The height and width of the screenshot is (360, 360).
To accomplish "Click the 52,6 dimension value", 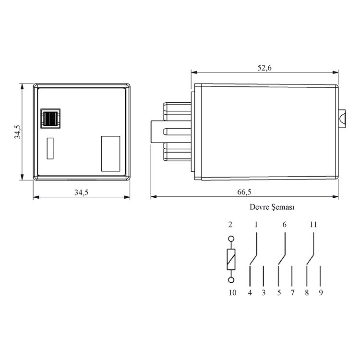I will [x=264, y=68].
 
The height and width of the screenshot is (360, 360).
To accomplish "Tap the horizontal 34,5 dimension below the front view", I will [x=81, y=192].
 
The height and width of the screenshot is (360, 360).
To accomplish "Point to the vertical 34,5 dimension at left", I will [x=17, y=132].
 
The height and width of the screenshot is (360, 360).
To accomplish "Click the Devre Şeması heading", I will [x=271, y=208].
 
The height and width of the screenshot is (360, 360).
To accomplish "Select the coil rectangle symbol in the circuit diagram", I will [x=231, y=260].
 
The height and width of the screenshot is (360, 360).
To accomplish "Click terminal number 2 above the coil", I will [x=230, y=225].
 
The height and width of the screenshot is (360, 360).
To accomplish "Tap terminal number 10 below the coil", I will [x=232, y=292].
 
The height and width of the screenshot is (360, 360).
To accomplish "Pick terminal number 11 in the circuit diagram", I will [x=313, y=225].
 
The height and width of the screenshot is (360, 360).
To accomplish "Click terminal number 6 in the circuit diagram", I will [x=285, y=225].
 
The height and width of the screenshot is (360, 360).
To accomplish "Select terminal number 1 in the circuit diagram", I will [x=256, y=225].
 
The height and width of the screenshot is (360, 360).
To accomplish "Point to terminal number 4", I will [x=250, y=292].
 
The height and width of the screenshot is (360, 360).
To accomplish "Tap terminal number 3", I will [x=263, y=292].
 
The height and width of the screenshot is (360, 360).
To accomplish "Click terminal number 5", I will [x=279, y=292].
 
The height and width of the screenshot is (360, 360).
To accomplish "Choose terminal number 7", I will [x=292, y=292].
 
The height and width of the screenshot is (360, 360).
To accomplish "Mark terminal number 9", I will [x=321, y=292].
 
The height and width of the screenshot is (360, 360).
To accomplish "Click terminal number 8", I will [x=307, y=292].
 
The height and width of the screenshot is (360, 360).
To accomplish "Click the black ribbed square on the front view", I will [x=49, y=118].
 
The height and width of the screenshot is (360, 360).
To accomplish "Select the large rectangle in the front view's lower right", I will [x=110, y=153].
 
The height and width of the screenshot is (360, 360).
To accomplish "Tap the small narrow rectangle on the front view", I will [x=50, y=148].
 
